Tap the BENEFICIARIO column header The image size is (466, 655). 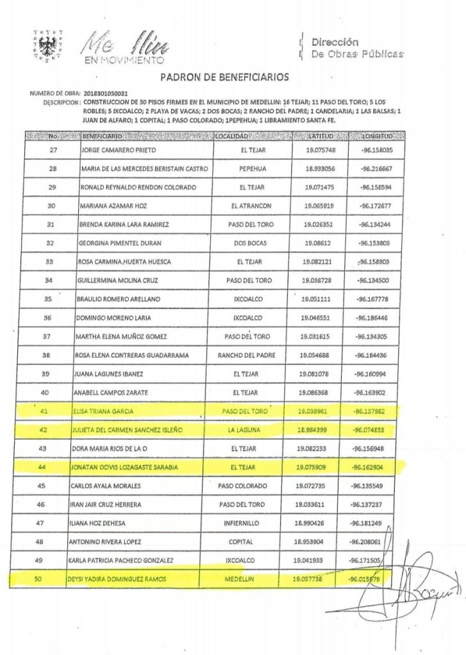point(103,137)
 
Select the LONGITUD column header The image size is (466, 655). point(378,137)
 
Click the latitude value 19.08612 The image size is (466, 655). point(312,243)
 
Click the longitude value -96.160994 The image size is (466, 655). point(378,373)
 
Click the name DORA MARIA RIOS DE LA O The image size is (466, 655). point(119,449)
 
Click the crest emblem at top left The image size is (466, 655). point(44,45)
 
